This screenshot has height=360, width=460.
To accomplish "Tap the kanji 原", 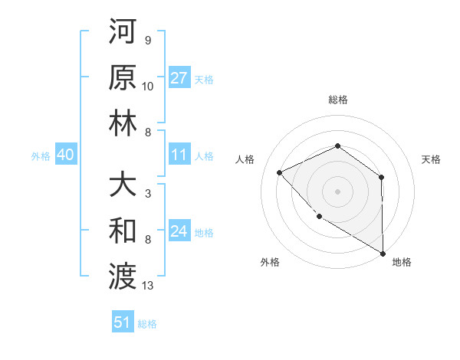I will pos(123,79).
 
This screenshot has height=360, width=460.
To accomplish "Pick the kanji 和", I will pos(123,230).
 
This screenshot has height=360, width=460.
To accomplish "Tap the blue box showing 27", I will pos(179,78).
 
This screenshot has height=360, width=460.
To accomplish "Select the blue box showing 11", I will pos(179,155).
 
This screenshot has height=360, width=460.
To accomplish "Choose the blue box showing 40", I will pos(65,155).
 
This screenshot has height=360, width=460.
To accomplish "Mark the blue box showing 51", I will pos(123,322).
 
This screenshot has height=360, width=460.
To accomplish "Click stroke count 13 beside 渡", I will pos(148,286).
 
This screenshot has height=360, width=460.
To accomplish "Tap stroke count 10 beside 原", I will pos(148,86).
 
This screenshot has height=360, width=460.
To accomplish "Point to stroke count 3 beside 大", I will pos(147,193).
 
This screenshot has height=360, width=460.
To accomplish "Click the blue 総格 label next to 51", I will pos(147,324).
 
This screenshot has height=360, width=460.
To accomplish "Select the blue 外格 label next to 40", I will pos(40,156).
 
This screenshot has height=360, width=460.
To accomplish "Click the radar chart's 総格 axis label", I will pos(337,100).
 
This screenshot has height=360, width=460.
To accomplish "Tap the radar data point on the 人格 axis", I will pos(280,172).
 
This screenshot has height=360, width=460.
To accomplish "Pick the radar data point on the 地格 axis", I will pos(383,253).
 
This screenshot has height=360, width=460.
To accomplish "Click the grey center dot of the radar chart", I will pos(337,191).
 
